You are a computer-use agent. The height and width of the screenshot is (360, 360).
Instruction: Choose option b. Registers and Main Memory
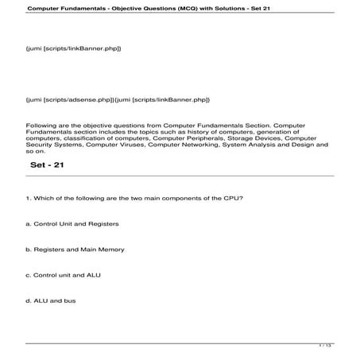click(x=74, y=250)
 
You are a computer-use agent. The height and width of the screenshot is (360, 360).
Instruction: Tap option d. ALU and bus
click(x=50, y=300)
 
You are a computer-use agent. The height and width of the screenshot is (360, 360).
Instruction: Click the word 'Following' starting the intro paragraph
click(x=40, y=126)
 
